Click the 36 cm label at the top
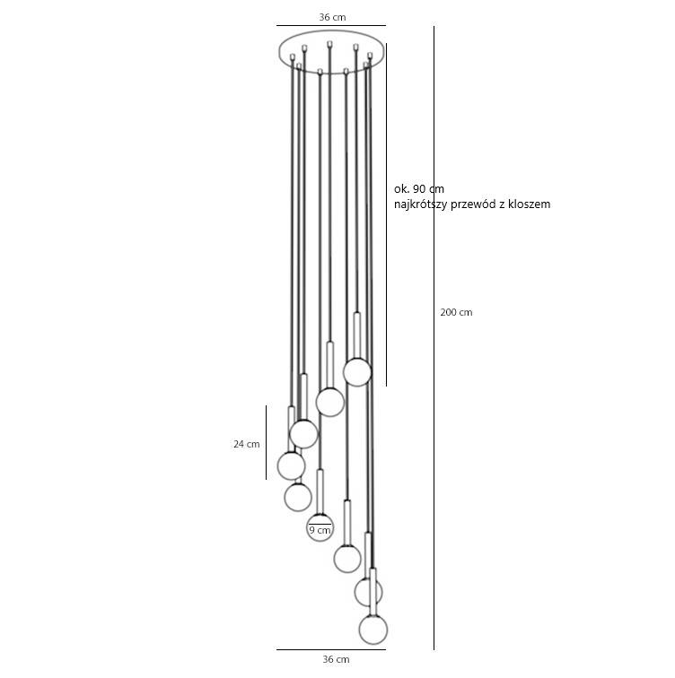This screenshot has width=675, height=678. coord(332,17)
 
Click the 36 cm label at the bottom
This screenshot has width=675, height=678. coord(336,659)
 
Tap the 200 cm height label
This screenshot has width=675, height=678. coord(456,312)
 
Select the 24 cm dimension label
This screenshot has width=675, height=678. coord(247,444)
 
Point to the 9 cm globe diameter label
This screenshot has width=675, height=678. coord(320,530)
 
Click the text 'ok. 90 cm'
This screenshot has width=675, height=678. coord(419,189)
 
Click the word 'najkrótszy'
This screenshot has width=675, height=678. coord(420,204)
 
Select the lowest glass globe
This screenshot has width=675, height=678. coord(373,630)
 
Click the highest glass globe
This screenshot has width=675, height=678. coord(357,372)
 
